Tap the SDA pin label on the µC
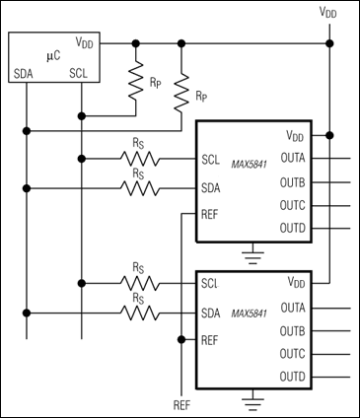26,74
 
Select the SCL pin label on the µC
80,74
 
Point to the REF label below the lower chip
181,405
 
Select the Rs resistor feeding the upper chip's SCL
137,157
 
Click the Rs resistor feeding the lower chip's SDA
137,313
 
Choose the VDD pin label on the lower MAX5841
295,281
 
